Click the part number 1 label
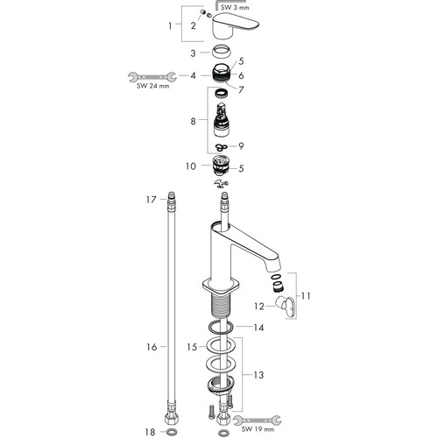170,26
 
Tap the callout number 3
193,53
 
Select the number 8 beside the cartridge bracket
193,121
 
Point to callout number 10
191,166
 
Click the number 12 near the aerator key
259,307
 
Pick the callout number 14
258,328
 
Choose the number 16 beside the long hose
152,347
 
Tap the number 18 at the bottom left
151,432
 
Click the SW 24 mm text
152,86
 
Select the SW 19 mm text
258,429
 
